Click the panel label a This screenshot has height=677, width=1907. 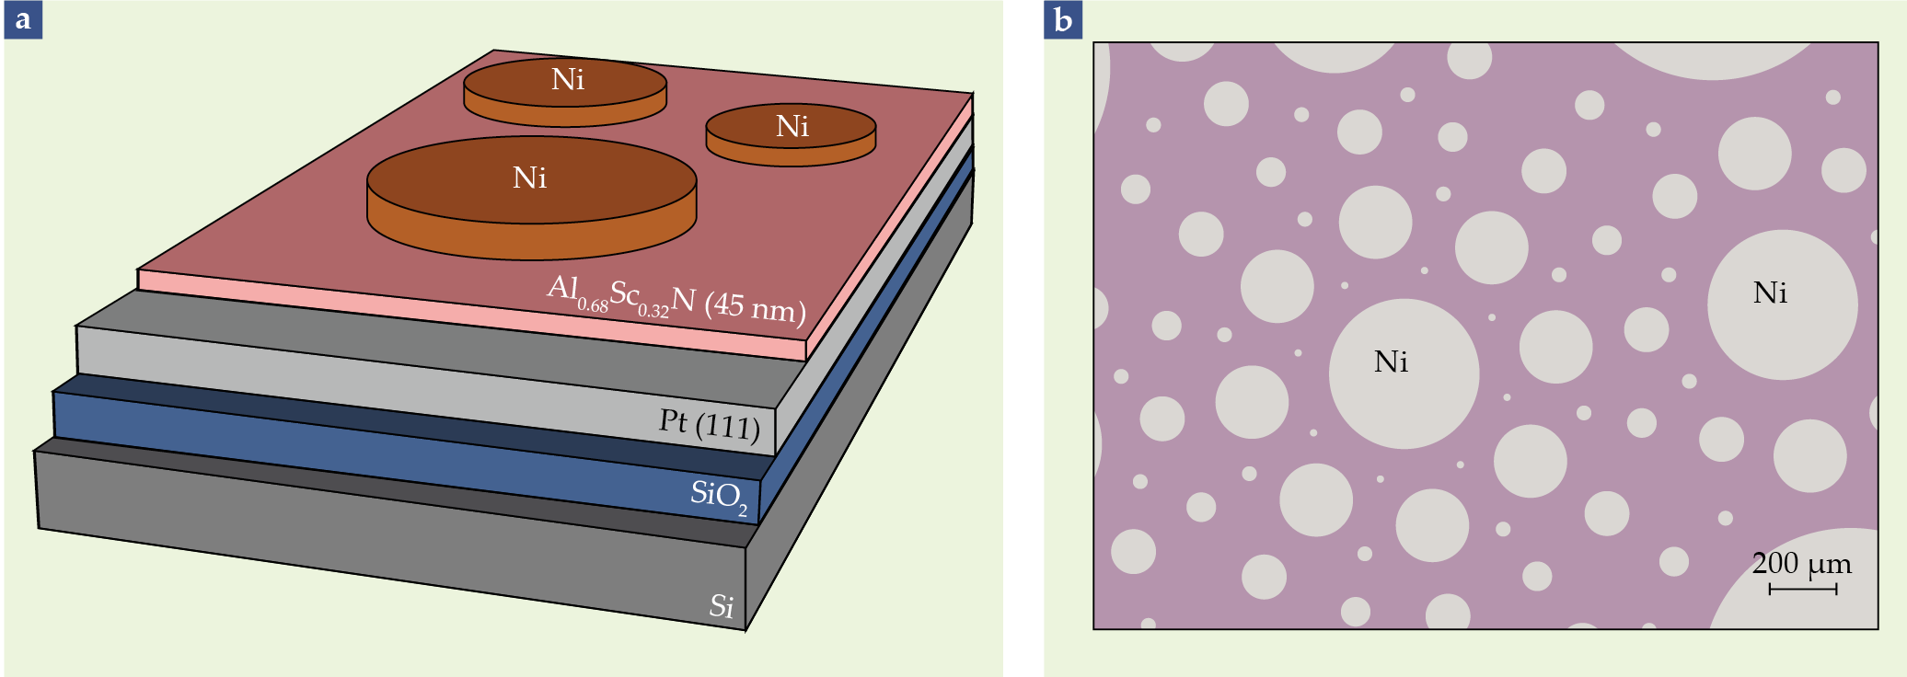point(23,19)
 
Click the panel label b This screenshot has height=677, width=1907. point(1063,19)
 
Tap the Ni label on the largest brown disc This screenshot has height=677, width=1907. point(530,178)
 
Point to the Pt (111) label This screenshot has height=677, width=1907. point(710,424)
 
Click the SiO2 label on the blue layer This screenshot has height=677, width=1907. point(718,496)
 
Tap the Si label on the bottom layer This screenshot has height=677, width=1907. point(722,606)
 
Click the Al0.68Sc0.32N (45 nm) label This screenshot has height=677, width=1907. point(676,299)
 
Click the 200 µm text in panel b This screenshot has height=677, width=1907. point(1801,563)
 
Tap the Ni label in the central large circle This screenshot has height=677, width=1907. point(1391,361)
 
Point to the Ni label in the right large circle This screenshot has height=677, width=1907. point(1770,293)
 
